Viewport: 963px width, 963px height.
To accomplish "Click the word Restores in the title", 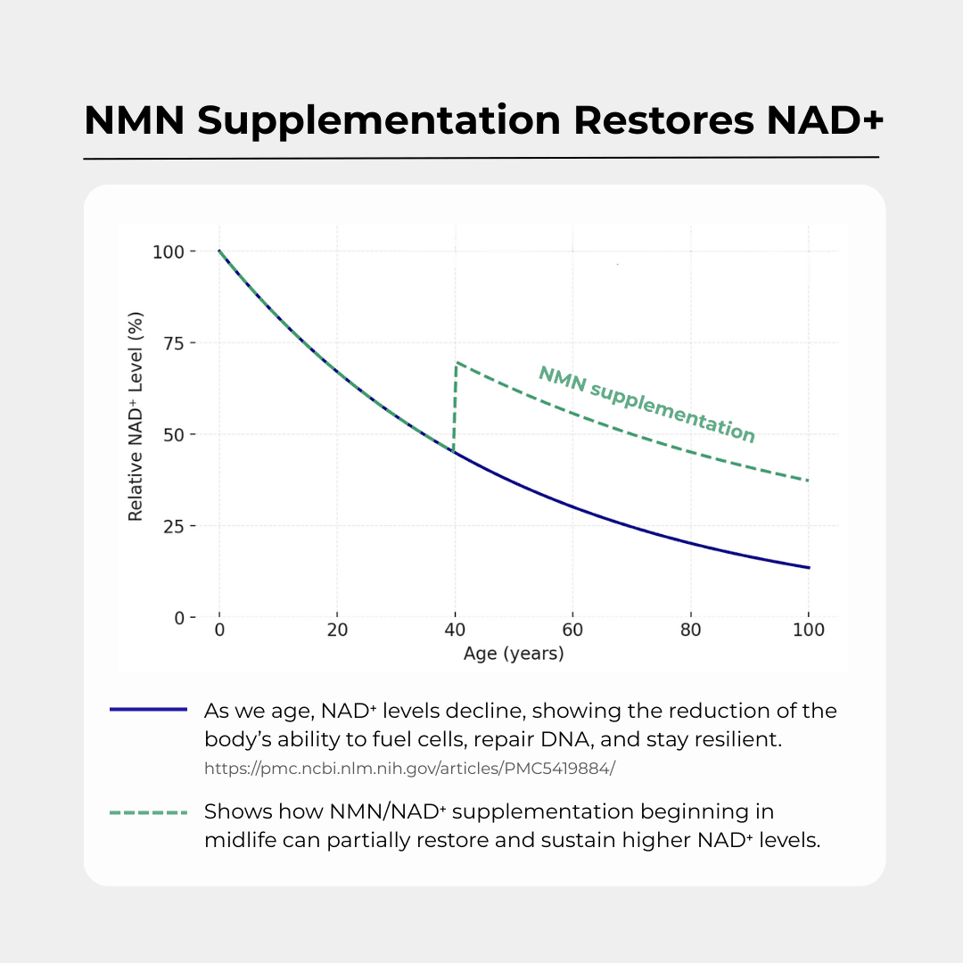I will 657,120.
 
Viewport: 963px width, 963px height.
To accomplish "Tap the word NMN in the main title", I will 134,120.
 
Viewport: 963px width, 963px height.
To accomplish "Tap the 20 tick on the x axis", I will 337,631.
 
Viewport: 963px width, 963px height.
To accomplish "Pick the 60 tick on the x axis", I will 572,631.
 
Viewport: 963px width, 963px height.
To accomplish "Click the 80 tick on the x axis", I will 690,631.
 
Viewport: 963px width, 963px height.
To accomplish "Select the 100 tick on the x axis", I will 808,631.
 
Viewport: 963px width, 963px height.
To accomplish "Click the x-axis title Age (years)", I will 514,654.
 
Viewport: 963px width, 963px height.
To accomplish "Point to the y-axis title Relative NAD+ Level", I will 136,416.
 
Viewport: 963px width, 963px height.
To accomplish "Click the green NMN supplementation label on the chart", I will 646,404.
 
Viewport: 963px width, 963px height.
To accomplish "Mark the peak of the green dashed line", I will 457,362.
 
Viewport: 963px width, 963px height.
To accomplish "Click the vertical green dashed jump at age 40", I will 455,410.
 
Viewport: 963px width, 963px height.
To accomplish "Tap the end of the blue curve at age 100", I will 808,567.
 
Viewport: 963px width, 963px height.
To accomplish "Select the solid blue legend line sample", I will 148,710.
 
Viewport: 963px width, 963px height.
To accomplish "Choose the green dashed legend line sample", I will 148,812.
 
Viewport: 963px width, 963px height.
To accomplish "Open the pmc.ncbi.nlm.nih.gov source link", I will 409,768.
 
